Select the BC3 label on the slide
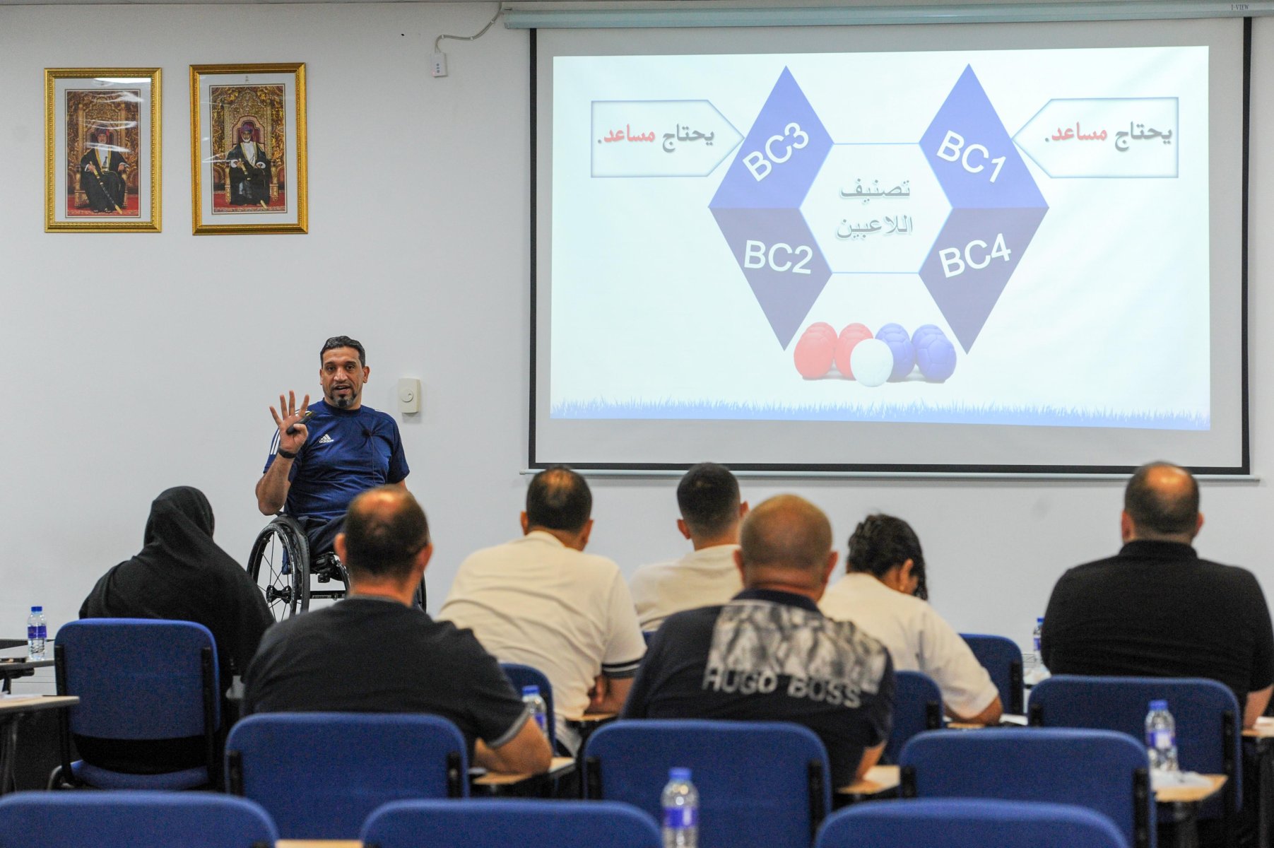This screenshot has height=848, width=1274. click(776, 153)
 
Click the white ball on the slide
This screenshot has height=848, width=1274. click(871, 363)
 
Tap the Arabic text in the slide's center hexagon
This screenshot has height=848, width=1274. click(875, 208)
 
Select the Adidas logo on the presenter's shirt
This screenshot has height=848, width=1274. click(325, 439)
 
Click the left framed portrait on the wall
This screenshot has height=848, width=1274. click(103, 150)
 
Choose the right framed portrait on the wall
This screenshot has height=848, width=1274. click(249, 148)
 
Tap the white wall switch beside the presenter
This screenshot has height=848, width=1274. click(408, 395)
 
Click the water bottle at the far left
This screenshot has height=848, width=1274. click(36, 632)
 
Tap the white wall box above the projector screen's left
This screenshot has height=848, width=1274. click(440, 65)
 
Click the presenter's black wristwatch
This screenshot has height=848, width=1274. click(286, 453)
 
